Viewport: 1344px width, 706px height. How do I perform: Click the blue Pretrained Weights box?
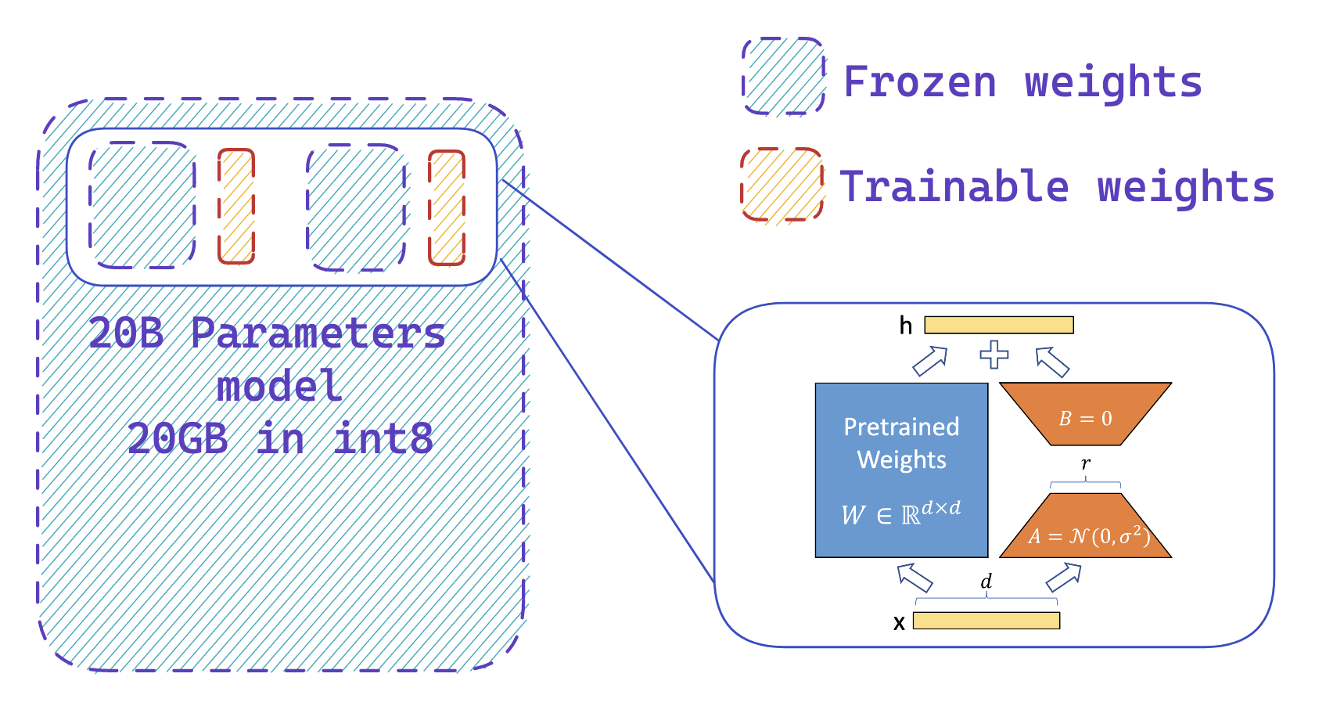tap(901, 470)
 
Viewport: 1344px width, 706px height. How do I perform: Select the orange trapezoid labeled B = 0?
tap(1085, 413)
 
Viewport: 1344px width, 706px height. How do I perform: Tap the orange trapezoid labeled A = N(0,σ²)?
tap(1086, 528)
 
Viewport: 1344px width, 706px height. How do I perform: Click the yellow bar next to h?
tap(999, 325)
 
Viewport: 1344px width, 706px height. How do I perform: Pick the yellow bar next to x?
tap(986, 621)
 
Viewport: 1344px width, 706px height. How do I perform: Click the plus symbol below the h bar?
tap(994, 355)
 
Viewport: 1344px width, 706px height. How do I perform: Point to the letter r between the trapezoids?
tap(1086, 463)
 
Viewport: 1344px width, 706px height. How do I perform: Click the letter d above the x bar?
tap(986, 582)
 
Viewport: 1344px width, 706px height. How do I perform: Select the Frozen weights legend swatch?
tap(783, 77)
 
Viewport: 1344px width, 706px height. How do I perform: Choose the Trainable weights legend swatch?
tap(782, 185)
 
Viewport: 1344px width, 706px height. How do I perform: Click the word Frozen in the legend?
tap(920, 81)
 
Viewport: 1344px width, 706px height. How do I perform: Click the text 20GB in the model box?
tap(178, 438)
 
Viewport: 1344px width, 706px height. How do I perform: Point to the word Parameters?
tap(318, 333)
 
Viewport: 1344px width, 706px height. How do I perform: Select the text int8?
tap(383, 438)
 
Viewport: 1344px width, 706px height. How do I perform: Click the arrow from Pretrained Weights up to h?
tap(929, 361)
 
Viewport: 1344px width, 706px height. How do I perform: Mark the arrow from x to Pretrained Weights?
tap(915, 578)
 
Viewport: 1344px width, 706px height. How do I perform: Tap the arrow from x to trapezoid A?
tap(1063, 578)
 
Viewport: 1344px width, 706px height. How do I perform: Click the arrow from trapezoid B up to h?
tap(1052, 362)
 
